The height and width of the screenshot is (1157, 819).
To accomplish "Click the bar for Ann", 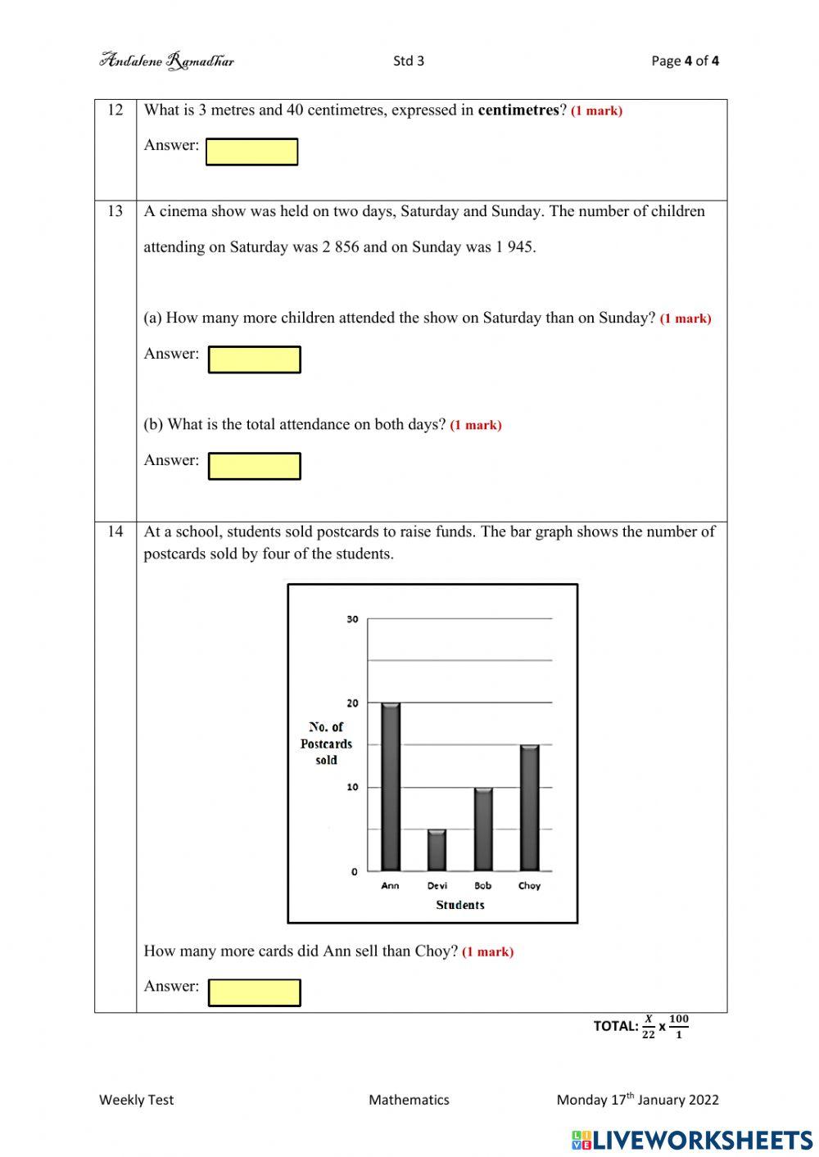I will [x=391, y=787].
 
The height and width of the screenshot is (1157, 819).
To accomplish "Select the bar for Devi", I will [x=437, y=850].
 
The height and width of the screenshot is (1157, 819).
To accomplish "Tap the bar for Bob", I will [x=483, y=829].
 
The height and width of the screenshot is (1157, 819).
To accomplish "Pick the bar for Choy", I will [x=530, y=807].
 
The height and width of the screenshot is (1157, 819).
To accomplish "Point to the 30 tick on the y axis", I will [x=352, y=619].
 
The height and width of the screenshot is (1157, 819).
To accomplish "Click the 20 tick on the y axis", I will [x=352, y=703].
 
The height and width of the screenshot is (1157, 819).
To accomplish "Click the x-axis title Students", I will [x=459, y=905].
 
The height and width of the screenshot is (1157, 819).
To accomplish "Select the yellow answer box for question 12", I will [x=251, y=151].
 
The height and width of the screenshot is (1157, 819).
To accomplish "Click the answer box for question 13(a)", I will [x=254, y=359].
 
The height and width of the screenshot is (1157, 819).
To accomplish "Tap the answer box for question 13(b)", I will [x=254, y=466].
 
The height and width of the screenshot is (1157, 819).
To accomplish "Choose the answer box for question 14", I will [x=254, y=992].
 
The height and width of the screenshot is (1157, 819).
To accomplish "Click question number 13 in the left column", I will [x=115, y=211].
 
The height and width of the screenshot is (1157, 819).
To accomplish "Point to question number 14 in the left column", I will [x=115, y=531].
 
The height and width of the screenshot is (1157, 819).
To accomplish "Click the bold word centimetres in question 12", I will [x=518, y=110].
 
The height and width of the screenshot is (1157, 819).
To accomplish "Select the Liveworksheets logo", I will [x=692, y=1140].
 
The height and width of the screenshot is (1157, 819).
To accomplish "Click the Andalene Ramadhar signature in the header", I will [x=167, y=61].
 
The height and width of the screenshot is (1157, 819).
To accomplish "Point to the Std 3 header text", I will [x=409, y=61].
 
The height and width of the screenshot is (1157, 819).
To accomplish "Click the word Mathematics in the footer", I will [x=409, y=1100].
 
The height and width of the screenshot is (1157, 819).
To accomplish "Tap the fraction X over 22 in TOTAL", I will [x=648, y=1027].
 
